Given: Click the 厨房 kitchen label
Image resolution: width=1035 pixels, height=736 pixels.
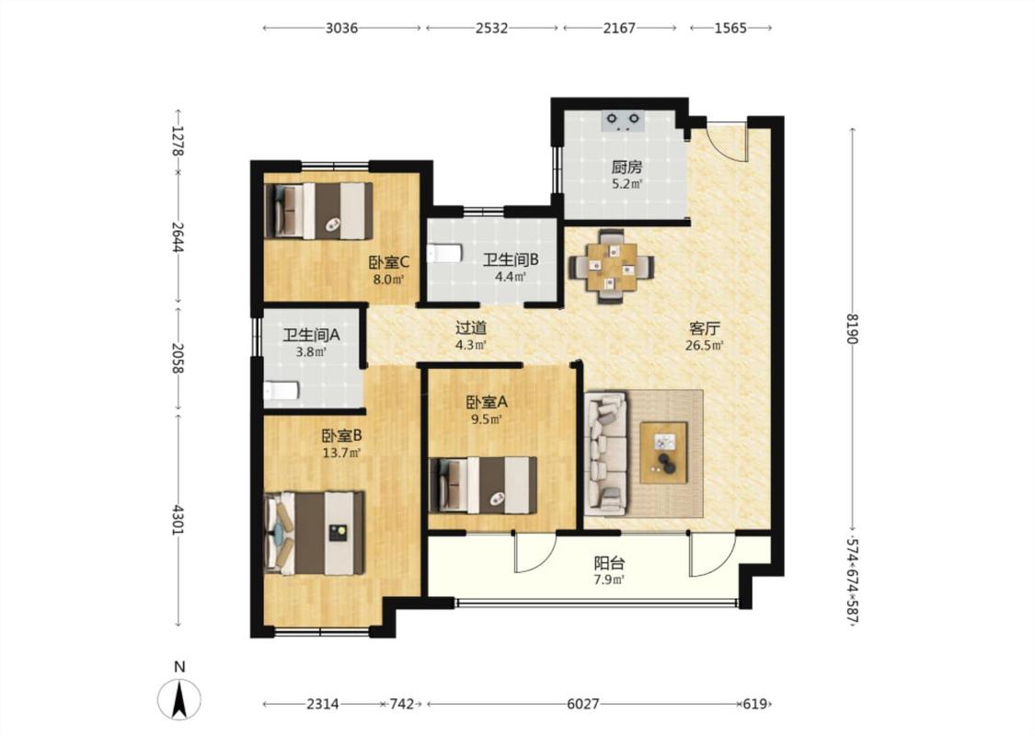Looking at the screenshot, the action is [626, 167].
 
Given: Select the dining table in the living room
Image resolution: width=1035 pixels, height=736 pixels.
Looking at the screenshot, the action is [612, 266].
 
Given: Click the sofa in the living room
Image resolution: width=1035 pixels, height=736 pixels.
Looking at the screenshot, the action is [605, 454].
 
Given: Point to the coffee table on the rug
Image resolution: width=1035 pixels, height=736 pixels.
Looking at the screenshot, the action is [663, 452].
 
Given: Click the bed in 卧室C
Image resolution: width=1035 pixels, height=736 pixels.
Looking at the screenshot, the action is [317, 211].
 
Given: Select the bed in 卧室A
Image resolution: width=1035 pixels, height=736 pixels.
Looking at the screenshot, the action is [482, 485].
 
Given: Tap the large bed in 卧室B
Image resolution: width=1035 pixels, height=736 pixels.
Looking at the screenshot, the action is [315, 533].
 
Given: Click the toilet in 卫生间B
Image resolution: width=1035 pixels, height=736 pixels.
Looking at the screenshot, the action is [443, 254].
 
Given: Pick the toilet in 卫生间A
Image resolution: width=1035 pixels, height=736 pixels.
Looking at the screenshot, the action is [282, 391].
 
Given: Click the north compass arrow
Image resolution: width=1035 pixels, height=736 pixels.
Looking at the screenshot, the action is [178, 699].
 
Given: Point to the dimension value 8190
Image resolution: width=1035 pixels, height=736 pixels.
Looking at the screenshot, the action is [852, 328].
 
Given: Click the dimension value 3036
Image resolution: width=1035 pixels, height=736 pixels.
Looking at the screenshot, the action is [341, 28].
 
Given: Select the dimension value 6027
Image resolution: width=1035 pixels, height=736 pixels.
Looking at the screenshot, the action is [583, 704].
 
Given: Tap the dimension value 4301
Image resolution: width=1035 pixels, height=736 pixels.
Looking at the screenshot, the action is [178, 520].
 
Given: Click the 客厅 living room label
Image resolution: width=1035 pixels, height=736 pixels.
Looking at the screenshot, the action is [705, 328].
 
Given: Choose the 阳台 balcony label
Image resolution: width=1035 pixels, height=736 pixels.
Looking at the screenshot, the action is [609, 563].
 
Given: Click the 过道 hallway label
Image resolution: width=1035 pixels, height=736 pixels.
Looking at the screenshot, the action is [471, 328].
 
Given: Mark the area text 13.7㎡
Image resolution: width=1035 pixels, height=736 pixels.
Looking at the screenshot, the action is [341, 453].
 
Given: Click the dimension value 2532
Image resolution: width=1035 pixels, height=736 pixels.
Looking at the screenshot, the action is [492, 28].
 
